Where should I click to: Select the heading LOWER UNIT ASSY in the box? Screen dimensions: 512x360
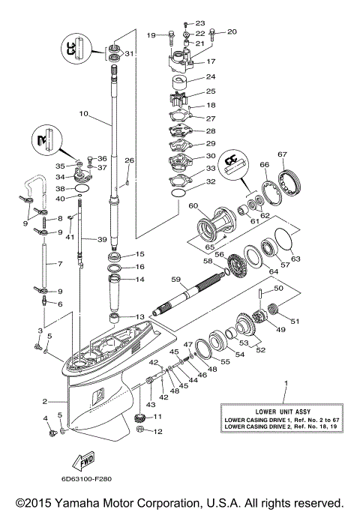[285, 412]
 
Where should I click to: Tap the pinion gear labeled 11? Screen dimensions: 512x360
[139, 418]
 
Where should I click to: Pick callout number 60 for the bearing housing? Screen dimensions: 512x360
[193, 205]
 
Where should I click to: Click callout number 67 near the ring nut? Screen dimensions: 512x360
[282, 155]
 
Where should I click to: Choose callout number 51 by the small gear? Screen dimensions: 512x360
[294, 322]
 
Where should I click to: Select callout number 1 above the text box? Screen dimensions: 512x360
[285, 383]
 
